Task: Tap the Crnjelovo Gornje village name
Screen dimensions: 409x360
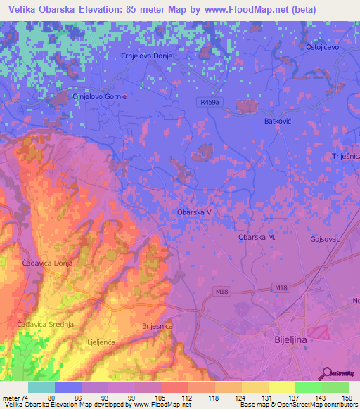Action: pos(98,97)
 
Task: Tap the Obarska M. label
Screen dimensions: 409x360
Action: pos(257,237)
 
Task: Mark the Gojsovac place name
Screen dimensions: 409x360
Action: pos(326,239)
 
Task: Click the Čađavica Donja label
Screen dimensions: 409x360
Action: pos(47,263)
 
